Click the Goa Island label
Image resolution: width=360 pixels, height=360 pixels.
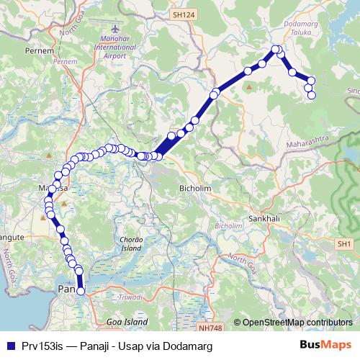127,322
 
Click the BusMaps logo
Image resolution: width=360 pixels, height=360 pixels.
325,345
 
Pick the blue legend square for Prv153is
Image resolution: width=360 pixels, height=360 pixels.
10,346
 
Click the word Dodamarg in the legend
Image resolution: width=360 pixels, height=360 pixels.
184,346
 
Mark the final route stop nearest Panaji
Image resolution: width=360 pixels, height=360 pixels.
81,291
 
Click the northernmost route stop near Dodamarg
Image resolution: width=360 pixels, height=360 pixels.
274,50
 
